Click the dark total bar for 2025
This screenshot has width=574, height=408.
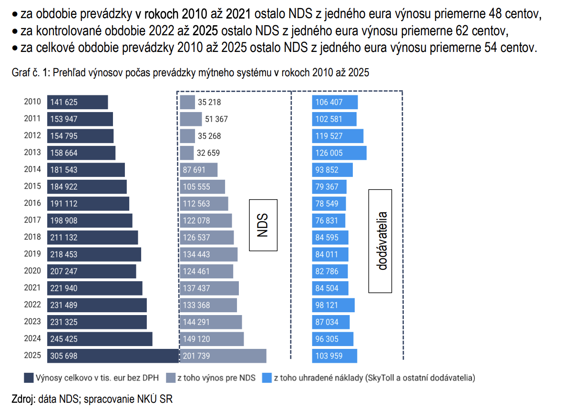point(113,356)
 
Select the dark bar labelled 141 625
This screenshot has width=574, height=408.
point(77,102)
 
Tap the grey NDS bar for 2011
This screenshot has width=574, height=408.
point(191,119)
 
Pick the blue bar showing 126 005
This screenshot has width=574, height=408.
point(339,153)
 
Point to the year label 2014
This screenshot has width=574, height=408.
point(32,170)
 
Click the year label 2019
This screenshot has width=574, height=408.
point(32,255)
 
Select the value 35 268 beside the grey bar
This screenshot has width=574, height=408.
point(209,136)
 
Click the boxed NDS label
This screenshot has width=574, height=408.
point(263,225)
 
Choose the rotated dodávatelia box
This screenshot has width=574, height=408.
point(380,241)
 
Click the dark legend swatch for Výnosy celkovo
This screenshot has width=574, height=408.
point(29,378)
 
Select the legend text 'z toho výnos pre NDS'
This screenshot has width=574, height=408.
point(216,378)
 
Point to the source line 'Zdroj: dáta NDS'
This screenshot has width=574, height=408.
point(92,399)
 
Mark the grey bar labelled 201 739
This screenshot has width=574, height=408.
point(223,356)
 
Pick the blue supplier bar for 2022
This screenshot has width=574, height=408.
point(333,305)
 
